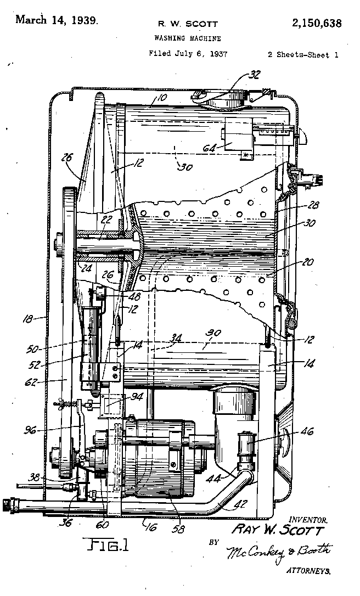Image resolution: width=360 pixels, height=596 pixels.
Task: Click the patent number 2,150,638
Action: (317, 23)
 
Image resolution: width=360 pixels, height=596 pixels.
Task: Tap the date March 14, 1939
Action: (57, 20)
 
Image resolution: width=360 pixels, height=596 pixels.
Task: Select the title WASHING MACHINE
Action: (188, 38)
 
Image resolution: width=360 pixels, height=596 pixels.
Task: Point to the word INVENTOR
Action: (308, 519)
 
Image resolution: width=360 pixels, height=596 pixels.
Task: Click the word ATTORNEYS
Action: (308, 571)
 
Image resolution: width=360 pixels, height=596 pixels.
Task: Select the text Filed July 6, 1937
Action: (188, 54)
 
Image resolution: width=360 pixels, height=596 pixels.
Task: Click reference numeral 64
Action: (210, 148)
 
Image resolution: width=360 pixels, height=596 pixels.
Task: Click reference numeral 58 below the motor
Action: (178, 528)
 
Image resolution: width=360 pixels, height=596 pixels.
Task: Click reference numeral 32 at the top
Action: (254, 75)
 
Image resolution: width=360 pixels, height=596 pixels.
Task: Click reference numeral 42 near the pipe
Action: (241, 504)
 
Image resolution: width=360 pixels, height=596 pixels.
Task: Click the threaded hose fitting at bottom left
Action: (8, 505)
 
